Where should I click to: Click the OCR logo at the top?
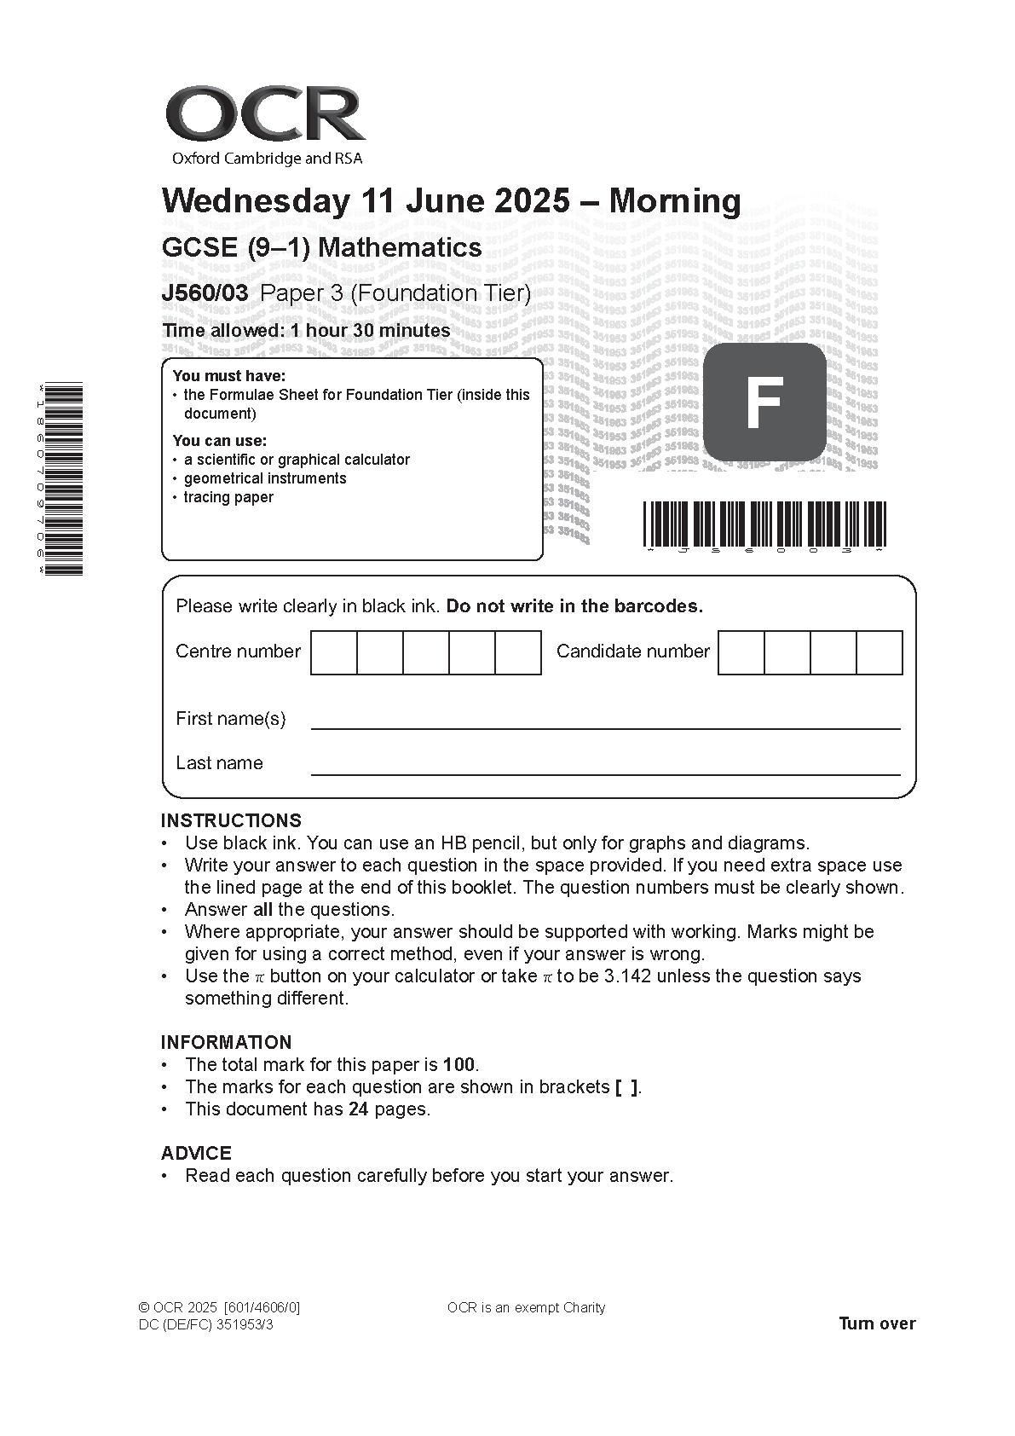(x=265, y=115)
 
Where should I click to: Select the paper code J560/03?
(x=205, y=293)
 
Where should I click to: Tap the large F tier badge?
(x=764, y=402)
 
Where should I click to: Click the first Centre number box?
(x=333, y=652)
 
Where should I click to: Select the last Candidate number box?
(x=879, y=652)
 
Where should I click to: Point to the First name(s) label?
(x=230, y=719)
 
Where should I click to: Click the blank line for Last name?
(x=605, y=772)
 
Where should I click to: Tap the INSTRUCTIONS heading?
(x=231, y=820)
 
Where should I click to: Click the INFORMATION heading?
(x=226, y=1042)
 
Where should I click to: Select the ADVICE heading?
(x=196, y=1153)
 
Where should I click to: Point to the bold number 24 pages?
(x=358, y=1109)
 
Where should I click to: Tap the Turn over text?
(x=877, y=1323)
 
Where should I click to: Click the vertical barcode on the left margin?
(x=62, y=478)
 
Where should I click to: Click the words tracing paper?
(x=228, y=497)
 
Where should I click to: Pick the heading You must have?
(x=229, y=376)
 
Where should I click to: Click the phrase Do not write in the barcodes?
(x=574, y=606)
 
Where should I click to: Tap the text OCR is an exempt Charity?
(x=526, y=1307)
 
